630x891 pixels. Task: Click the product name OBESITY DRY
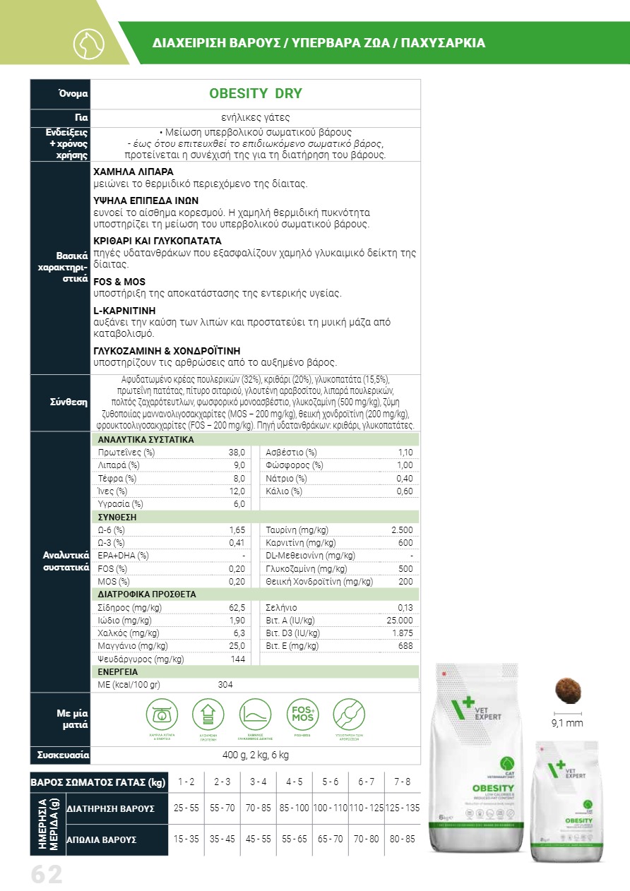pyautogui.click(x=255, y=94)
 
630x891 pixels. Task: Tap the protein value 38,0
pyautogui.click(x=236, y=452)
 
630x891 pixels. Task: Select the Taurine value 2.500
pyautogui.click(x=401, y=530)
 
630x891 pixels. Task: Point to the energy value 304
pyautogui.click(x=225, y=684)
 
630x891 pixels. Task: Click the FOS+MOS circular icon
pyautogui.click(x=302, y=714)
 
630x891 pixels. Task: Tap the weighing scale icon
pyautogui.click(x=162, y=714)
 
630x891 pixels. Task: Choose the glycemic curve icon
pyautogui.click(x=256, y=714)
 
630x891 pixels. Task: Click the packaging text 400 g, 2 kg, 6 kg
pyautogui.click(x=255, y=755)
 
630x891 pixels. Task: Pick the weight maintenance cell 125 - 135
pyautogui.click(x=403, y=808)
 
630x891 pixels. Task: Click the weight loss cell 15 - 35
pyautogui.click(x=186, y=839)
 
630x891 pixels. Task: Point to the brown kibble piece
pyautogui.click(x=567, y=689)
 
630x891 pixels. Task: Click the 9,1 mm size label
pyautogui.click(x=566, y=722)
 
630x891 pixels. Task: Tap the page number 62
pyautogui.click(x=47, y=875)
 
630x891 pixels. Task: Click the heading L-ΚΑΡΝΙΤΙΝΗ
pyautogui.click(x=124, y=311)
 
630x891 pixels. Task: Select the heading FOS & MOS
pyautogui.click(x=119, y=282)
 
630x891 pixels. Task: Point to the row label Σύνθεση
pyautogui.click(x=69, y=402)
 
